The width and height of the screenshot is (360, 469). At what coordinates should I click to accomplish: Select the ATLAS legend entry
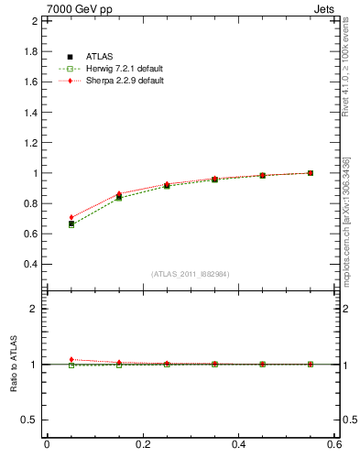tap(99, 56)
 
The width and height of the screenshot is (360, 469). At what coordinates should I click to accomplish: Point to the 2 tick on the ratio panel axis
tap(33, 309)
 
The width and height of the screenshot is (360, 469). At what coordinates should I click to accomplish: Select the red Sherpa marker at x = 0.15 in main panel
tap(118, 193)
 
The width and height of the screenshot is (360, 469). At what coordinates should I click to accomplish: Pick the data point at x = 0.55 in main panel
tap(310, 173)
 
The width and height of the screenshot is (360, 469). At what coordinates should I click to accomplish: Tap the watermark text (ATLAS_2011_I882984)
tap(191, 274)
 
